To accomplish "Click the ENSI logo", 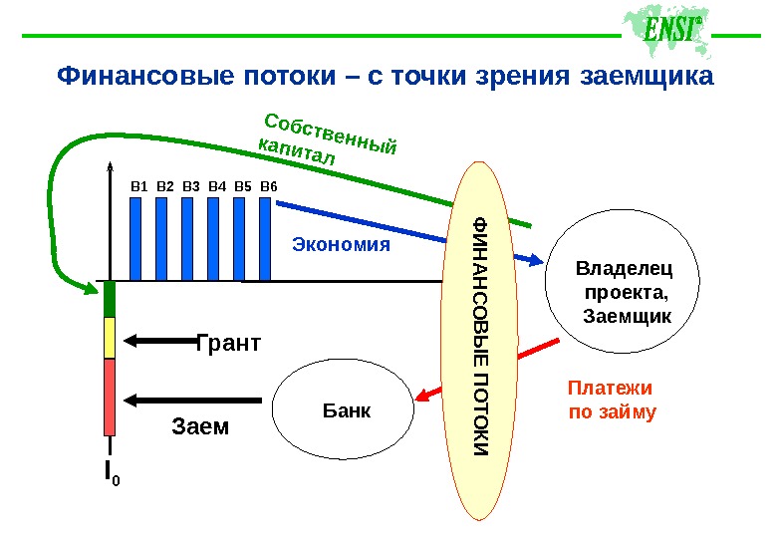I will click(660, 33).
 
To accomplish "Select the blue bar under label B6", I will click(266, 238).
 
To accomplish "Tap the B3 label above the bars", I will click(191, 185).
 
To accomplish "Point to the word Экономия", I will click(341, 243).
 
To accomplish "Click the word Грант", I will click(228, 344).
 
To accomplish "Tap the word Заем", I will click(200, 426).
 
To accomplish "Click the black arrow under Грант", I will click(159, 341).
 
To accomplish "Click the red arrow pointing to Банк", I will click(484, 373).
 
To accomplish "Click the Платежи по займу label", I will click(612, 399).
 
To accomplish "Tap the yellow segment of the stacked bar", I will click(111, 337).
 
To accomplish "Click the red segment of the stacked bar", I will click(111, 397).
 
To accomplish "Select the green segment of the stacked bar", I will click(111, 300).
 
